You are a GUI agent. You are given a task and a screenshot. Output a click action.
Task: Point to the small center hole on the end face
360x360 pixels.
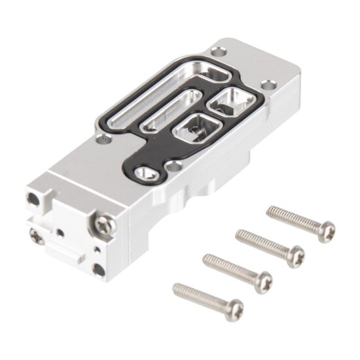point(60,230)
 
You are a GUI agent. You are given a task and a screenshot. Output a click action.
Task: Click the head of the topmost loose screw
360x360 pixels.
point(325,231)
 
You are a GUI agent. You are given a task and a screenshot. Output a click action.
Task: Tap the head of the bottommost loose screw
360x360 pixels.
point(233,309)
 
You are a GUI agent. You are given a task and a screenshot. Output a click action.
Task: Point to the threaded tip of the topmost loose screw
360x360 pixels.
point(270,211)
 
